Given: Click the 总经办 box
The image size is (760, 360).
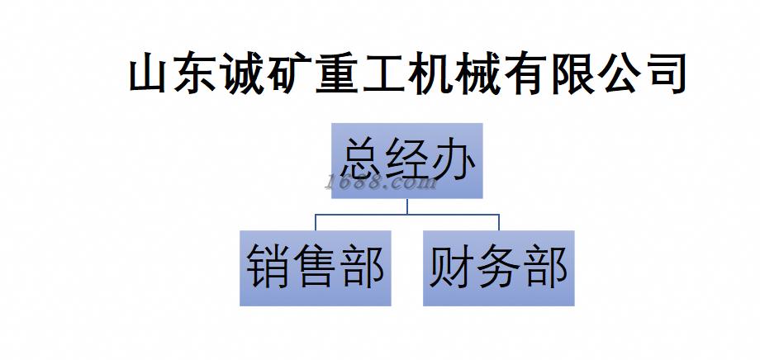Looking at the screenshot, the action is click(x=407, y=160).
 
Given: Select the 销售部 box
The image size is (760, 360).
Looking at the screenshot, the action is click(x=316, y=268).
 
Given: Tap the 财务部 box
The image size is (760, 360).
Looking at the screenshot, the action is click(x=498, y=268).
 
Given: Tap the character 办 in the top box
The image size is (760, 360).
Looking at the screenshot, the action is click(x=453, y=159).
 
